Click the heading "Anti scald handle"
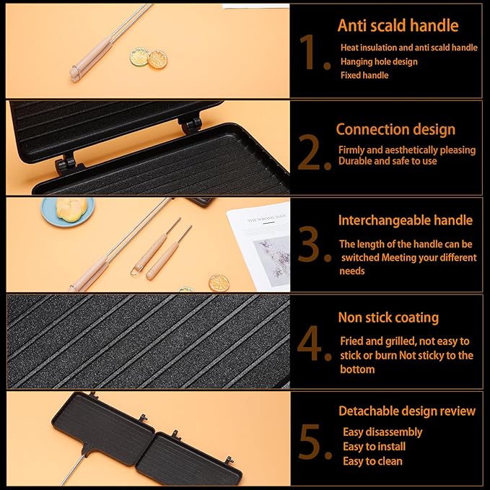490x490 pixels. [x=398, y=25]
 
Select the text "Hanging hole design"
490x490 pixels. [x=379, y=61]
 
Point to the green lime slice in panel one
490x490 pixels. [x=139, y=56]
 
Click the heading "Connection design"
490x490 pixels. [x=395, y=129]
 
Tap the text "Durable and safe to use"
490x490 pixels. [x=388, y=161]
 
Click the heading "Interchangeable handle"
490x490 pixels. [x=406, y=220]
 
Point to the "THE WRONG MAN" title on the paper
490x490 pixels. [x=266, y=218]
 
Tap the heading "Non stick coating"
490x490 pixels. [x=388, y=318]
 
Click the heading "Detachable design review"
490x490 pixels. [x=407, y=411]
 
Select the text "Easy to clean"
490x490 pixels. [x=372, y=461]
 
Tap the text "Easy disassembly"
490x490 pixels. [x=382, y=432]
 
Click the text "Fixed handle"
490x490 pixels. [x=364, y=75]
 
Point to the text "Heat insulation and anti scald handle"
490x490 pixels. [x=408, y=48]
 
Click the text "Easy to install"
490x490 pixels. [x=374, y=447]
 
